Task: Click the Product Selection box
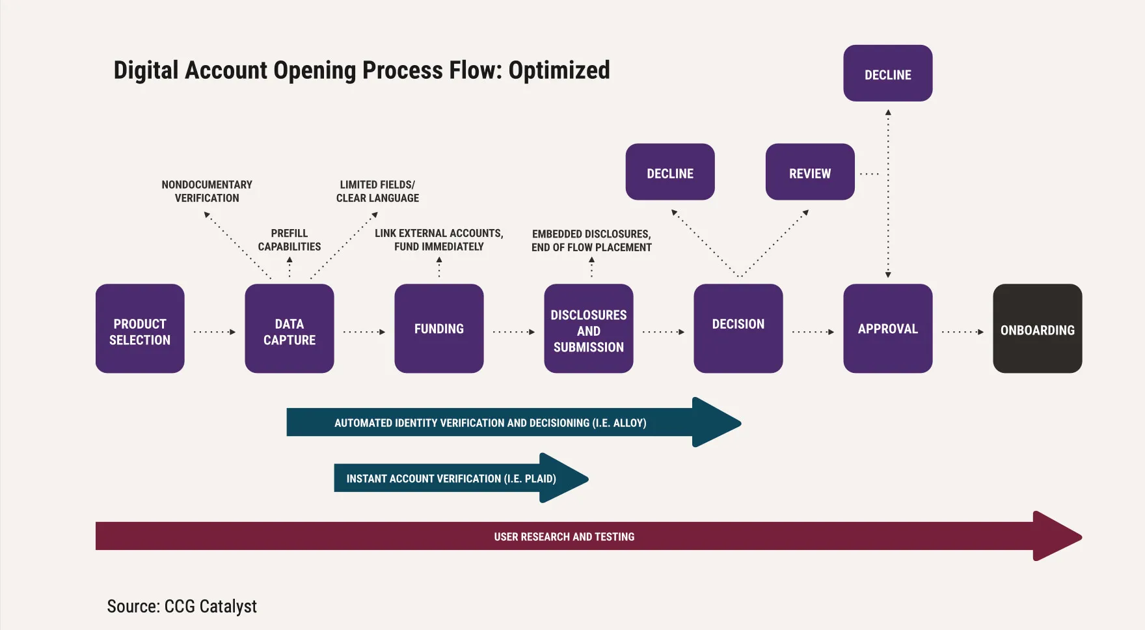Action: pyautogui.click(x=140, y=329)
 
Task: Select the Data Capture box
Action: pyautogui.click(x=290, y=329)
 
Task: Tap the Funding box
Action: pyautogui.click(x=439, y=329)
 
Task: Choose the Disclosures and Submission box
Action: pyautogui.click(x=589, y=329)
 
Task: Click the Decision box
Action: pyautogui.click(x=738, y=329)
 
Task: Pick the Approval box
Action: pyautogui.click(x=888, y=329)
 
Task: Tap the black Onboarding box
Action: pyautogui.click(x=1038, y=329)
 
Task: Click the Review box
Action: pyautogui.click(x=810, y=172)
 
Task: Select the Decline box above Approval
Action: pyautogui.click(x=888, y=73)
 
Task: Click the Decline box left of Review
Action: pyautogui.click(x=670, y=172)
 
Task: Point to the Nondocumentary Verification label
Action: pyautogui.click(x=207, y=191)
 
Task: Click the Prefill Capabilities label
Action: pyautogui.click(x=290, y=240)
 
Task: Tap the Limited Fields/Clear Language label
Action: pyautogui.click(x=377, y=191)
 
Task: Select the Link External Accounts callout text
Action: pyautogui.click(x=439, y=240)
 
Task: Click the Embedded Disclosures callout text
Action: pyautogui.click(x=591, y=241)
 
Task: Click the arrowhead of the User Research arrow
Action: pyautogui.click(x=1057, y=536)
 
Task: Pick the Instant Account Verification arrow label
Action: pyautogui.click(x=451, y=479)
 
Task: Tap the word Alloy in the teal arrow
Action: pyautogui.click(x=628, y=423)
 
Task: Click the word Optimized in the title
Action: pyautogui.click(x=559, y=70)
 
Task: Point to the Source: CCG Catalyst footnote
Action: pyautogui.click(x=182, y=607)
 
